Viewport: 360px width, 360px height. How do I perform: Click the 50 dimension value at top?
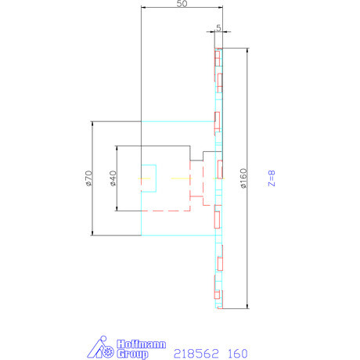tap(182, 4)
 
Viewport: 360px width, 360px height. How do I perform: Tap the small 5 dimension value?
tap(218, 27)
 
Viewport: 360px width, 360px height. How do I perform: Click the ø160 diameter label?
tap(243, 178)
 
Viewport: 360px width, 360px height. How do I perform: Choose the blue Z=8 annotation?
tap(272, 178)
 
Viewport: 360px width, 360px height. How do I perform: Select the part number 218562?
tap(196, 353)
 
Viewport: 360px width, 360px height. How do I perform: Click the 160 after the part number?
tap(236, 353)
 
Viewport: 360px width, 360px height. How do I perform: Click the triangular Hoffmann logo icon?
tap(100, 348)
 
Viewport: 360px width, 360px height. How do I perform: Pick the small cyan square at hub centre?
tap(149, 178)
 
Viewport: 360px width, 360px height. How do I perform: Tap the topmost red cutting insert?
tap(218, 58)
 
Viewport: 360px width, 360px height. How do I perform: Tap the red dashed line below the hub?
tap(164, 211)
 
